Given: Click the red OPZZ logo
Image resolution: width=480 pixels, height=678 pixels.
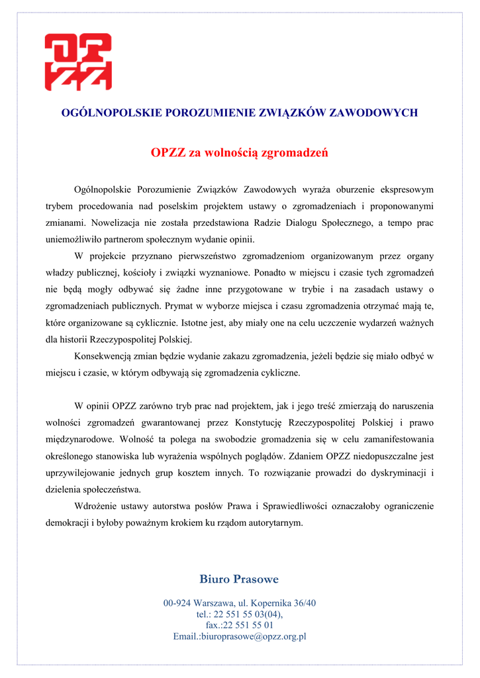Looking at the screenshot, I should click(x=77, y=62).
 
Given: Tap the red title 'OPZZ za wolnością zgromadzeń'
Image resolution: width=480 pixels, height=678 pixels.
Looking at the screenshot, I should click(x=240, y=154).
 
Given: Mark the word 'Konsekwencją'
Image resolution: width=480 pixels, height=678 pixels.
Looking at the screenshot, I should click(x=103, y=356).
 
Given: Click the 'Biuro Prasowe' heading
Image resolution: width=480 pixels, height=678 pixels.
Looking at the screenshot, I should click(x=239, y=579).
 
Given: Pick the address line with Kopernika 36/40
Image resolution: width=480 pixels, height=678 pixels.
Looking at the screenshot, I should click(x=240, y=603).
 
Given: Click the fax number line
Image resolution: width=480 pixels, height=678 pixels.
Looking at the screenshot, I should click(x=240, y=625).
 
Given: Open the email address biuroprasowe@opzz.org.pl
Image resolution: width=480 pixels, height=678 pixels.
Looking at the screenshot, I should click(x=240, y=636).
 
